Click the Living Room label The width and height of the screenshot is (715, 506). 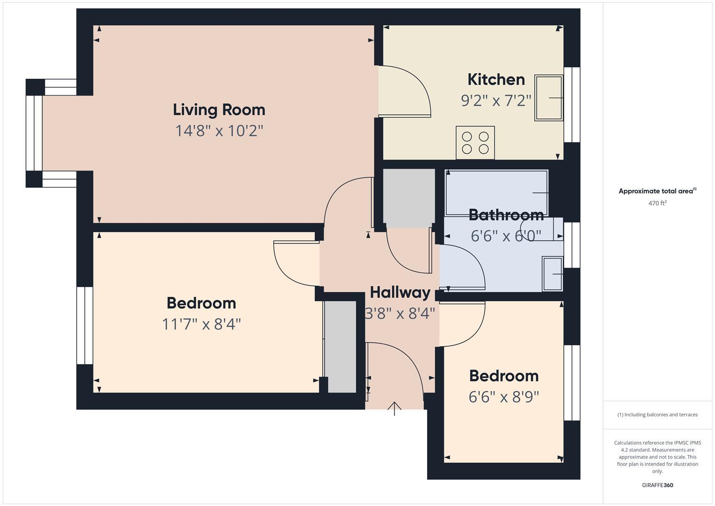[x=219, y=110]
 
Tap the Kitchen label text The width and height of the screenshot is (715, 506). [x=496, y=80]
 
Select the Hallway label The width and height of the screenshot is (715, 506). [x=400, y=292]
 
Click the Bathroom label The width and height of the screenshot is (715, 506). [x=506, y=215]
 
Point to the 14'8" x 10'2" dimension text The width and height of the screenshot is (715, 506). [x=219, y=131]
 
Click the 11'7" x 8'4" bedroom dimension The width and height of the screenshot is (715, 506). [x=201, y=324]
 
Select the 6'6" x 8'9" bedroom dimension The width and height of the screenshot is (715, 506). [x=503, y=397]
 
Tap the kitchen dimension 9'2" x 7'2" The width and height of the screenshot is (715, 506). [x=496, y=101]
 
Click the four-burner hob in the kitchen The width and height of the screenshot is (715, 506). [x=475, y=143]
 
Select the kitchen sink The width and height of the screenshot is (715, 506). [x=549, y=98]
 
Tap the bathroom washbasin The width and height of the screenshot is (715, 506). [x=553, y=274]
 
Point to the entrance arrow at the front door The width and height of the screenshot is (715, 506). [x=394, y=409]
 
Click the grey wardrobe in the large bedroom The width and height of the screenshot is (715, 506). [x=340, y=347]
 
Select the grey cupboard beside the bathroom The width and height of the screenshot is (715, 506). [x=409, y=198]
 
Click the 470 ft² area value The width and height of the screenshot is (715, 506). [x=657, y=203]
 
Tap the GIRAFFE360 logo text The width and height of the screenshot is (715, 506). [x=657, y=485]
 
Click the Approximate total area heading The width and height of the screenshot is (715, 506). [x=657, y=191]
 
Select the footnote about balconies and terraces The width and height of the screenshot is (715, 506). [x=657, y=415]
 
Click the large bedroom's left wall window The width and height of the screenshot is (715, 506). [x=85, y=326]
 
